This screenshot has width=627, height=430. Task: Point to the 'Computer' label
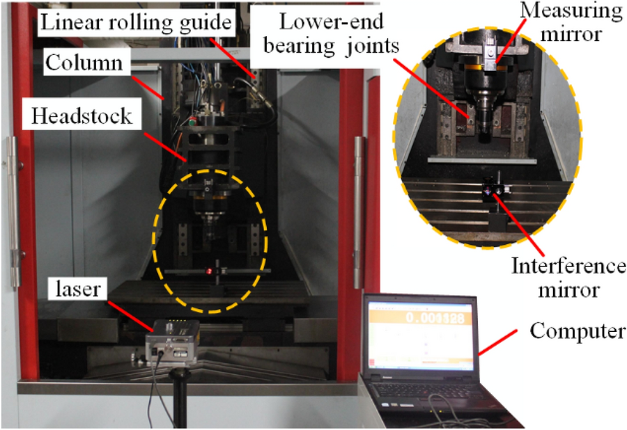tap(577, 331)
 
